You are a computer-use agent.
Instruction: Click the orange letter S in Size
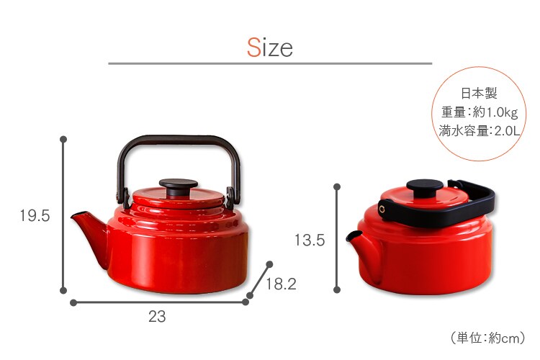pyautogui.click(x=254, y=48)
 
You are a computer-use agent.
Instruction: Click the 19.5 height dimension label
pyautogui.click(x=35, y=216)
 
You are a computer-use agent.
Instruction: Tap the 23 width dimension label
pyautogui.click(x=157, y=317)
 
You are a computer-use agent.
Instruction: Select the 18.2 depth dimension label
pyautogui.click(x=281, y=284)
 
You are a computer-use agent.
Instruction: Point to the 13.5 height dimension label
pyautogui.click(x=310, y=240)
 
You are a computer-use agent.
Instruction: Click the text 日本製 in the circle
pyautogui.click(x=479, y=93)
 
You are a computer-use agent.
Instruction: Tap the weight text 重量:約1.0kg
pyautogui.click(x=480, y=112)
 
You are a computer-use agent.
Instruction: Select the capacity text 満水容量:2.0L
pyautogui.click(x=479, y=131)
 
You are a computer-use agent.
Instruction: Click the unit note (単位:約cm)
pyautogui.click(x=488, y=338)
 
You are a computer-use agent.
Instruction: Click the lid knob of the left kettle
pyautogui.click(x=179, y=186)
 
